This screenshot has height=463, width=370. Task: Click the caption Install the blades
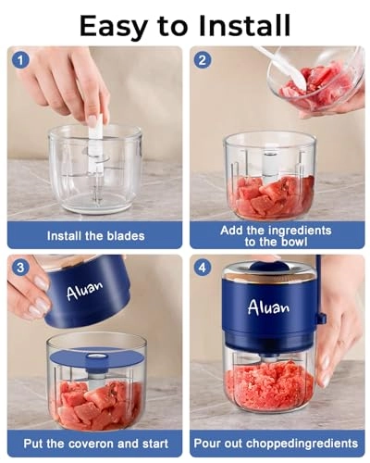[x=95, y=235]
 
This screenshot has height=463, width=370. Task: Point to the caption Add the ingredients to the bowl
[x=278, y=235]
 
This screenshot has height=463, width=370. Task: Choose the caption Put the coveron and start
[x=95, y=444]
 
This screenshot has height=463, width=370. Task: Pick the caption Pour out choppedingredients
[x=278, y=444]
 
